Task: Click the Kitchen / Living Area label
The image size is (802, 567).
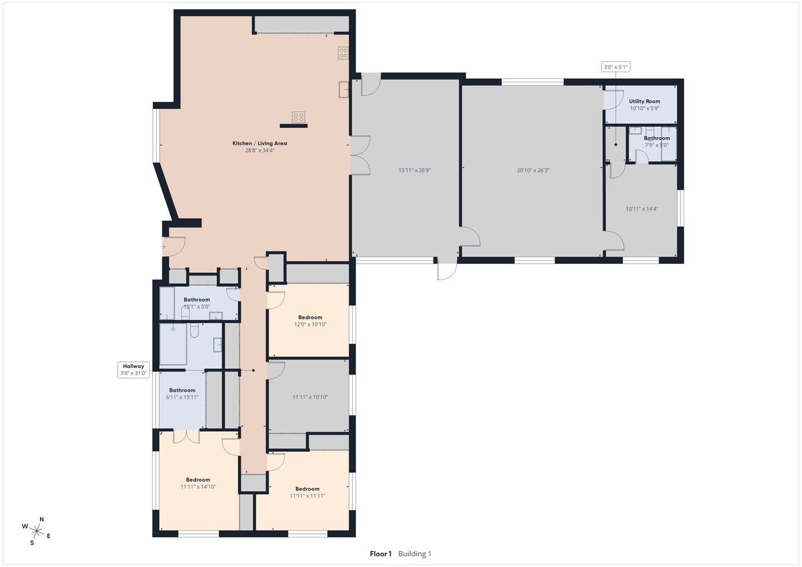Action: click(259, 147)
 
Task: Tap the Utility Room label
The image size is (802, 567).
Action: click(644, 104)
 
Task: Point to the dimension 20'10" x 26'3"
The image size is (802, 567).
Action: click(533, 170)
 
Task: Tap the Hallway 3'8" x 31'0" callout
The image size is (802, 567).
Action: click(133, 370)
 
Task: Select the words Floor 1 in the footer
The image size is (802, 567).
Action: click(380, 554)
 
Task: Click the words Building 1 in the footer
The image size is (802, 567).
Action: click(415, 554)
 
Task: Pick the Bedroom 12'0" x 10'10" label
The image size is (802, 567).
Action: click(310, 321)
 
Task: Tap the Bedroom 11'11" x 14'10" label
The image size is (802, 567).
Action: click(198, 482)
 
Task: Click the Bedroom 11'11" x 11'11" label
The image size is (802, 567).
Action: click(307, 492)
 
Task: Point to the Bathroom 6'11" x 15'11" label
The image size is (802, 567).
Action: click(182, 393)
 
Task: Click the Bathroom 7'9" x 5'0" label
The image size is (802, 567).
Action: click(657, 141)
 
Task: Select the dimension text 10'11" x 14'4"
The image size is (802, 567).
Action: click(642, 209)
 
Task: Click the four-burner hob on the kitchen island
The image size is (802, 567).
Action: click(298, 117)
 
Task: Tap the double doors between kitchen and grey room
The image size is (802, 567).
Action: click(359, 155)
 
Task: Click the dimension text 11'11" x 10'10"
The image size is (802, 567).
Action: click(310, 397)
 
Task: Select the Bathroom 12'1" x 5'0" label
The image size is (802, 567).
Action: click(196, 303)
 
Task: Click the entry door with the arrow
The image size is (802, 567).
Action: click(174, 246)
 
